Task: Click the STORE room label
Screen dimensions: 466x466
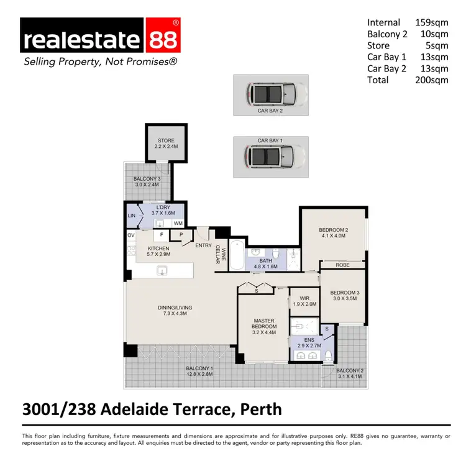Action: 166,140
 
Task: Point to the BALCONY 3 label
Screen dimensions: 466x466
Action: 147,180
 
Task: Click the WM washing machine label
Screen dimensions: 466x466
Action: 178,222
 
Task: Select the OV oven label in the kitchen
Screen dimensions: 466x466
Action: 131,235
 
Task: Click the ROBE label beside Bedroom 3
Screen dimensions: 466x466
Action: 343,265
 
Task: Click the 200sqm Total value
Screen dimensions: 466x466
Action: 431,80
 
